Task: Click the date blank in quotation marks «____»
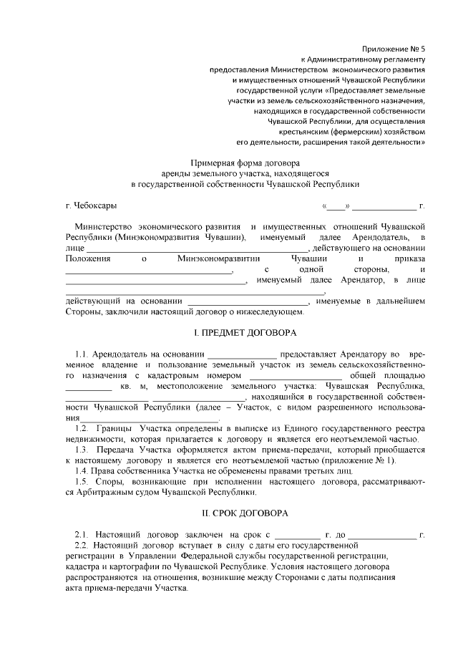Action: (336, 206)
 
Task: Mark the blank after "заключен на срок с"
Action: (298, 535)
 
